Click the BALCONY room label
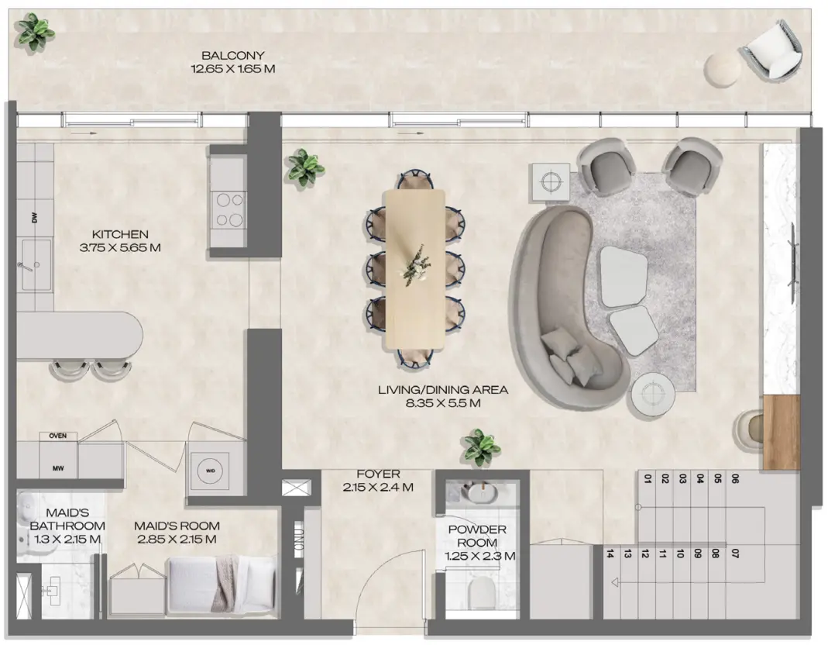(233, 62)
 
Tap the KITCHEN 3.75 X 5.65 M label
(119, 241)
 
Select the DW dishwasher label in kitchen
(34, 219)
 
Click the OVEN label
(57, 436)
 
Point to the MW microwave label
(57, 468)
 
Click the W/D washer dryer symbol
(210, 470)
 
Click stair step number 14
(611, 554)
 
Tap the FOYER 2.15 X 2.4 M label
(378, 481)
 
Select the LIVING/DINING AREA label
(443, 396)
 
